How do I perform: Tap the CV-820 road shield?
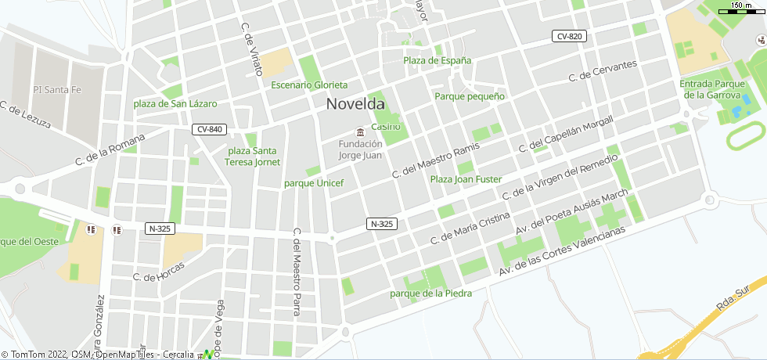coord(569,37)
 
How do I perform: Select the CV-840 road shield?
coord(209,129)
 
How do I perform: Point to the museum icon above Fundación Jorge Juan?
coord(359,131)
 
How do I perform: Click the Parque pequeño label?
coord(470,96)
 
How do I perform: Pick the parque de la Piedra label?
coord(430,293)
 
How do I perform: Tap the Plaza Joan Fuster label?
coord(466,179)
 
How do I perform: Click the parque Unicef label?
coord(313,183)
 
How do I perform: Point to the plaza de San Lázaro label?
coord(175,103)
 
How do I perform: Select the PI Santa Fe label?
coord(57,90)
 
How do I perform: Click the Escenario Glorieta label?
coord(309,85)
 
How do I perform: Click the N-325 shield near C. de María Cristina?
coord(381,224)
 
